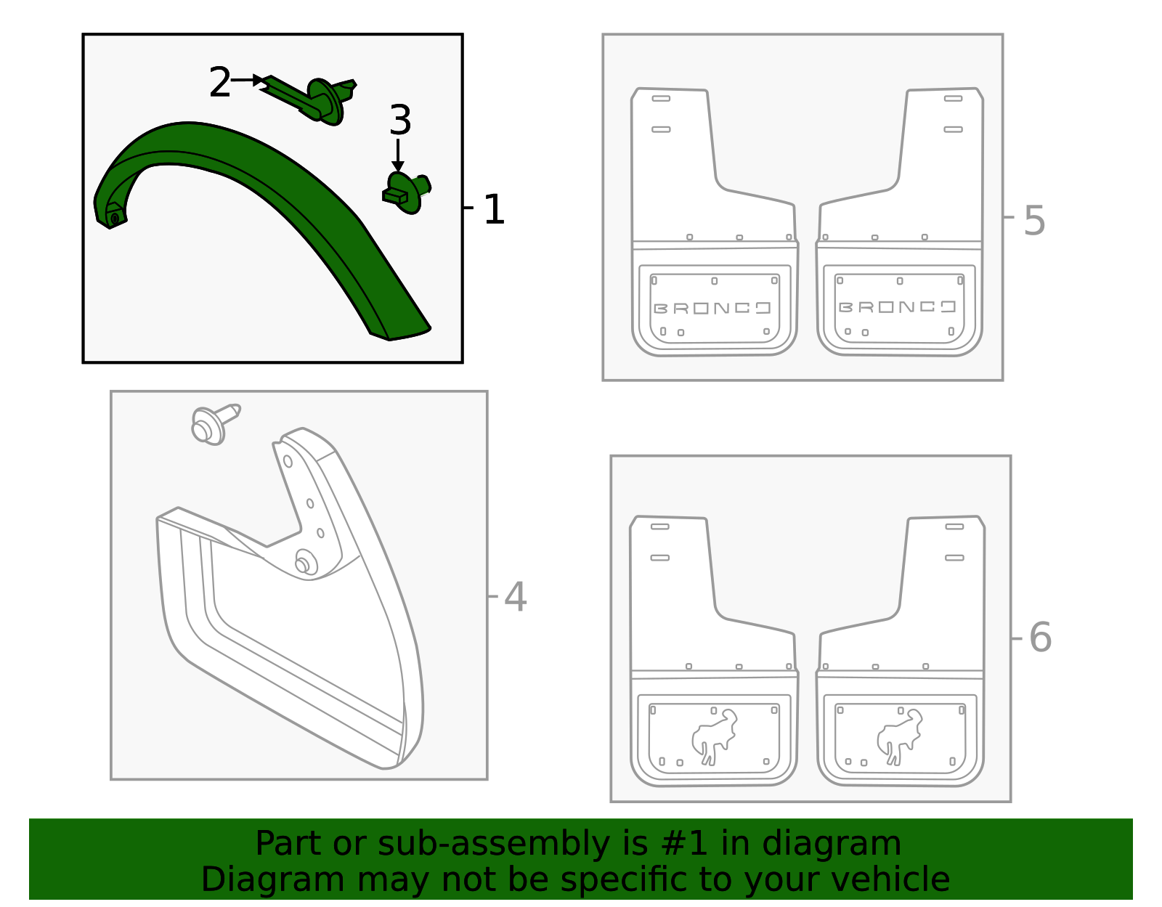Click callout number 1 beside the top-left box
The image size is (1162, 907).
point(493,210)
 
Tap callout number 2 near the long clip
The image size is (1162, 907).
point(219,83)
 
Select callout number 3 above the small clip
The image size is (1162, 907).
point(399,121)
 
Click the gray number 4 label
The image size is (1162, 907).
point(515,598)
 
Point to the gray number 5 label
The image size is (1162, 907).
point(1034,221)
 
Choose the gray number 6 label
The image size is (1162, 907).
point(1040,638)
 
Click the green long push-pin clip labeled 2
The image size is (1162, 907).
point(312,98)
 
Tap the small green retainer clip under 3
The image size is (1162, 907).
point(405,192)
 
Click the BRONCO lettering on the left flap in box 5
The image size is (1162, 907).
point(712,308)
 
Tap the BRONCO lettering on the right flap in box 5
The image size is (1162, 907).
point(897,306)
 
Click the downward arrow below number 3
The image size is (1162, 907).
point(397,156)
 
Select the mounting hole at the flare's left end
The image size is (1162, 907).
point(115,218)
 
